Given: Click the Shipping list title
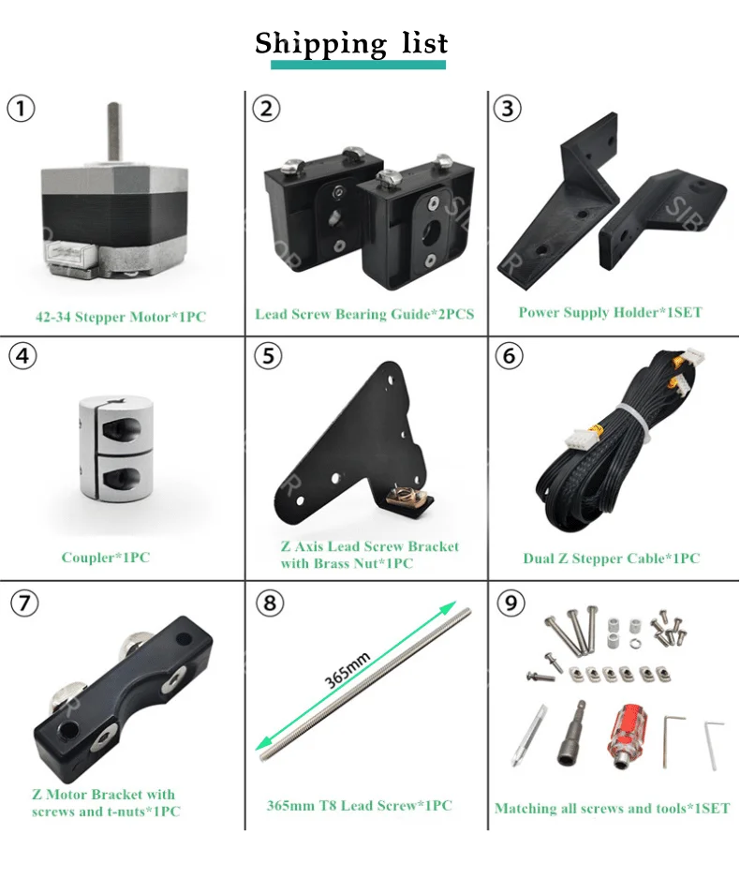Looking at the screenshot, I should (x=352, y=43).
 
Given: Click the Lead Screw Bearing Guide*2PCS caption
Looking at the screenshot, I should (x=364, y=313).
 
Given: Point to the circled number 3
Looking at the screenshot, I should (x=508, y=109).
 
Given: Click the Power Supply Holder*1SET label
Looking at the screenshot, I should (x=610, y=312).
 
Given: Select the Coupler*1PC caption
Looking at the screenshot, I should (x=105, y=558).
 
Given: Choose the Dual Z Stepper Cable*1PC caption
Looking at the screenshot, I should (x=611, y=559).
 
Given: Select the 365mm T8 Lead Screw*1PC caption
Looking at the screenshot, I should (x=360, y=805).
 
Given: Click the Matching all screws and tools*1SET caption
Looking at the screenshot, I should (x=612, y=808).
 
